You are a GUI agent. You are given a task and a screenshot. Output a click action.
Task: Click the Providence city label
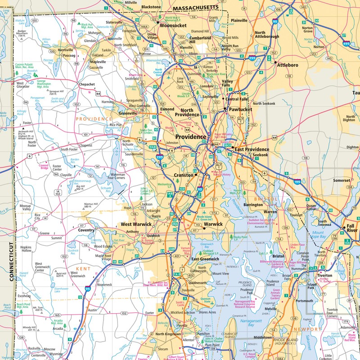click(190, 137)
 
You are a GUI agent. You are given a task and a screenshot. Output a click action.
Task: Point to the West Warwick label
click(132, 224)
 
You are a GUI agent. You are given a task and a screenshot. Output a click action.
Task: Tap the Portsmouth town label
click(314, 301)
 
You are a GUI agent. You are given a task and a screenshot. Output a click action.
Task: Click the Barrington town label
click(253, 205)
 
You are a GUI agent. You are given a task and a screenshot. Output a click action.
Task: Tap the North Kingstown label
click(170, 334)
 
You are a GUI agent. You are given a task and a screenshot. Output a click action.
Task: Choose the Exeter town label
click(150, 312)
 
